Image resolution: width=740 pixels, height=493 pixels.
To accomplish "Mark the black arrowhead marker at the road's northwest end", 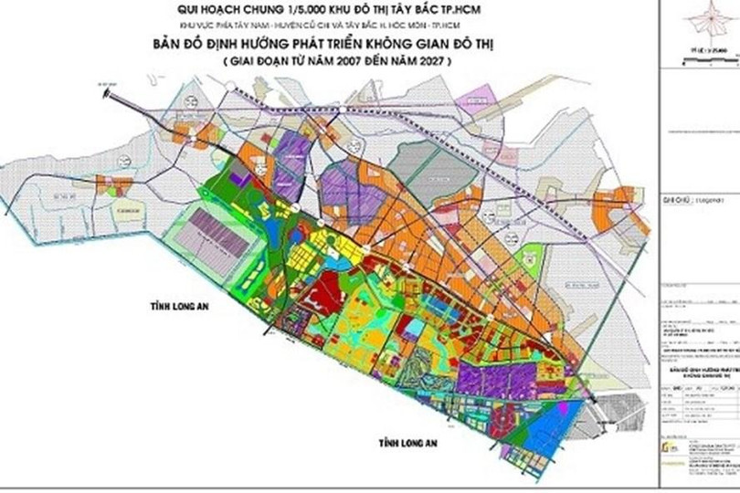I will (x=105, y=92).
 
